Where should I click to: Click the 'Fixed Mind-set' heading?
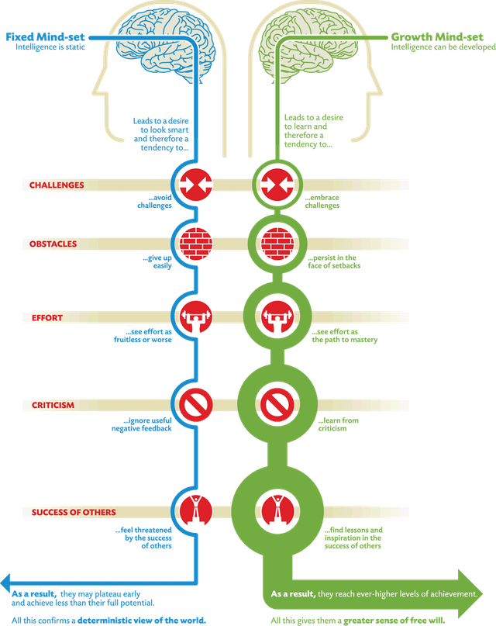coord(45,37)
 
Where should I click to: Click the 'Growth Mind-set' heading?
coord(437,37)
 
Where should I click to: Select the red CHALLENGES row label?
coord(57,185)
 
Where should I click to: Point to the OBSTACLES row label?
coord(53,244)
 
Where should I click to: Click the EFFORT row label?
coord(47,318)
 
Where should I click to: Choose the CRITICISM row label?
coord(53,405)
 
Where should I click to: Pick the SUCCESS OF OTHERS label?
coord(74,512)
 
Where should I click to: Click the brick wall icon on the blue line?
coord(196,244)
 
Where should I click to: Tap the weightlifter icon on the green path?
coord(277,317)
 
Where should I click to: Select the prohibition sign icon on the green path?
coord(277,404)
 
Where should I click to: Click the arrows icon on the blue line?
coord(196,185)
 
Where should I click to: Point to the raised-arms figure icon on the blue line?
coord(196,510)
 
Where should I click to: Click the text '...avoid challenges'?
coord(155,202)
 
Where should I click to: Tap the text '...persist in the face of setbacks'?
coord(334,261)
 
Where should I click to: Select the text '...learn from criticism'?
coord(339,424)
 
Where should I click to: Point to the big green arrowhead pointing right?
coord(470,593)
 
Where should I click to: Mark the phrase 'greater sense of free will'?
coord(394,621)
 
